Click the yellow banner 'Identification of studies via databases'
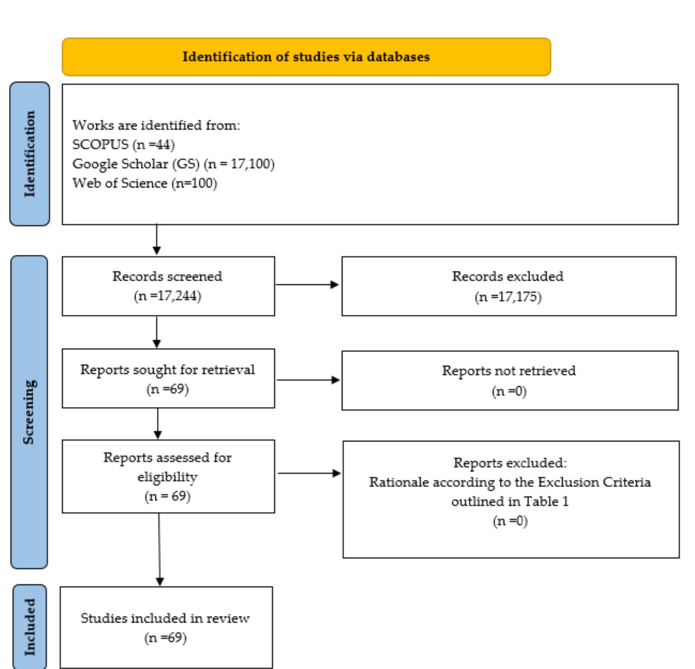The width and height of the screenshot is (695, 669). tap(306, 57)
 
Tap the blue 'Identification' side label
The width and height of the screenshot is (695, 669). tap(29, 154)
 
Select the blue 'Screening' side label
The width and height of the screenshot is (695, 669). tap(29, 412)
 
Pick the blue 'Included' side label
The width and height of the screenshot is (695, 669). tap(29, 627)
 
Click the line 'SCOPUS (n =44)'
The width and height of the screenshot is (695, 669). tap(123, 144)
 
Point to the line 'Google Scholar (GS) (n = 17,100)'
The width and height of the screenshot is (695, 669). tap(173, 164)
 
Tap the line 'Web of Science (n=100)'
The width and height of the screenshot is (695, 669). tap(144, 183)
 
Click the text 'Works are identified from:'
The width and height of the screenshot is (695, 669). tap(156, 125)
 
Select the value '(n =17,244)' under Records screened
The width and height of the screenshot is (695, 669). tap(168, 296)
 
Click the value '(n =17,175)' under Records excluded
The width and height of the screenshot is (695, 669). tap(508, 297)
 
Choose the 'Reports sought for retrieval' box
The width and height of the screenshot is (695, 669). tap(168, 378)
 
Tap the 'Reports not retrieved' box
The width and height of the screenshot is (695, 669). tap(510, 381)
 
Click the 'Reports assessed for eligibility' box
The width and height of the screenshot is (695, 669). tap(168, 476)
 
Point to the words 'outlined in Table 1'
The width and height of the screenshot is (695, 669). tap(510, 502)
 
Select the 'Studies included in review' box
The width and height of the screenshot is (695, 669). tap(166, 627)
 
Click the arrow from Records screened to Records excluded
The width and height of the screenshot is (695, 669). tap(307, 284)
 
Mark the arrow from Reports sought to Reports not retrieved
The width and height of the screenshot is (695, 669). tap(308, 380)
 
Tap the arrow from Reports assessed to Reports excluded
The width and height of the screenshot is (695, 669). tap(309, 473)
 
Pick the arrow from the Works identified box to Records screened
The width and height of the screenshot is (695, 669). tap(156, 240)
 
